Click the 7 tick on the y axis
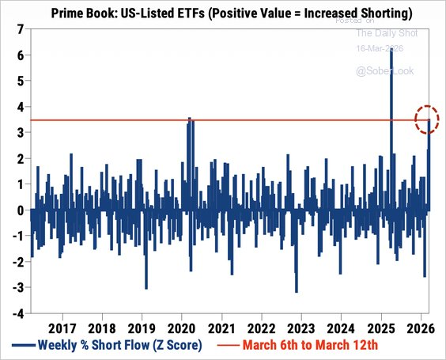19,29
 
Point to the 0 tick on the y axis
19,210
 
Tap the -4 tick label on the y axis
17,313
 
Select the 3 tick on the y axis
19,132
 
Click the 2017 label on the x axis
61,328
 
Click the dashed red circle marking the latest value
426,120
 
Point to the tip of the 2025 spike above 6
391,51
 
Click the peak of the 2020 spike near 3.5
189,118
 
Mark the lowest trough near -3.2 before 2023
297,292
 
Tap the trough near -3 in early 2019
146,288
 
